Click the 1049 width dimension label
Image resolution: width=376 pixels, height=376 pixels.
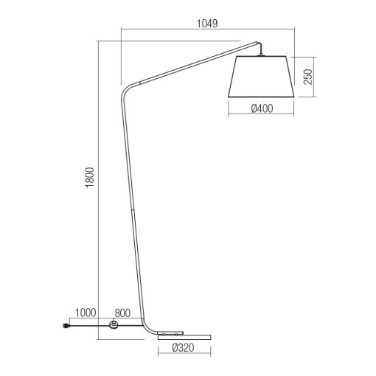click(207, 24)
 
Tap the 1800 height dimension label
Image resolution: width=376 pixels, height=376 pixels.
click(90, 178)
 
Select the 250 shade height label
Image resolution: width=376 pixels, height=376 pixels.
click(308, 77)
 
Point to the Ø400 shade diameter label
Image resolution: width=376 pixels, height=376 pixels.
click(262, 108)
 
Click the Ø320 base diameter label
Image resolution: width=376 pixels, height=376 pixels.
click(184, 348)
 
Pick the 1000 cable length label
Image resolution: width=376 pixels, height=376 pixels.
click(85, 313)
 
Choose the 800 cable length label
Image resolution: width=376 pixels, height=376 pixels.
click(122, 313)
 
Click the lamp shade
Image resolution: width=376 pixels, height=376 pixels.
click(261, 77)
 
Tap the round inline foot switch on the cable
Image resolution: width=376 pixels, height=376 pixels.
click(114, 324)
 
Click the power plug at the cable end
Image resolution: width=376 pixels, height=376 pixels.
click(66, 326)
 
